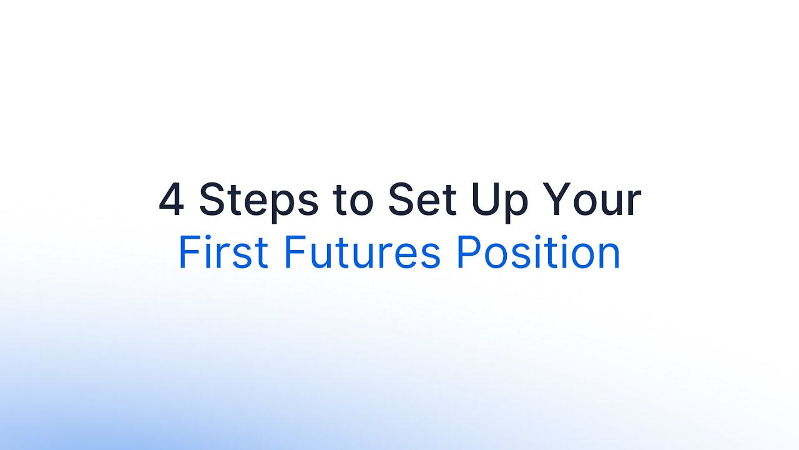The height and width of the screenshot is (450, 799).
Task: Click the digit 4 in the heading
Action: click(x=172, y=200)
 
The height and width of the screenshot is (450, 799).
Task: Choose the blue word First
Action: click(x=223, y=252)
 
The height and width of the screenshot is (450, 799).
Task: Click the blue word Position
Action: click(x=538, y=252)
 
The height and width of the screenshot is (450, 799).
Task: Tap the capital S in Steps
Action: click(x=212, y=200)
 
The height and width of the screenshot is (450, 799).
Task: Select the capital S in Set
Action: click(x=401, y=200)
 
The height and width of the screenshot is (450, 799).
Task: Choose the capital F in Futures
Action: click(x=293, y=252)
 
